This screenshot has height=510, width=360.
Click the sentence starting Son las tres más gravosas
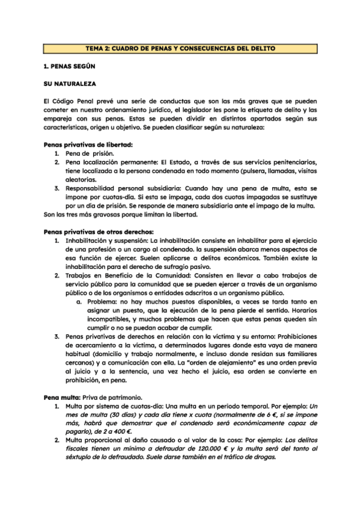(125, 214)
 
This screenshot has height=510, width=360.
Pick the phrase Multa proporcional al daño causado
(121, 440)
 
